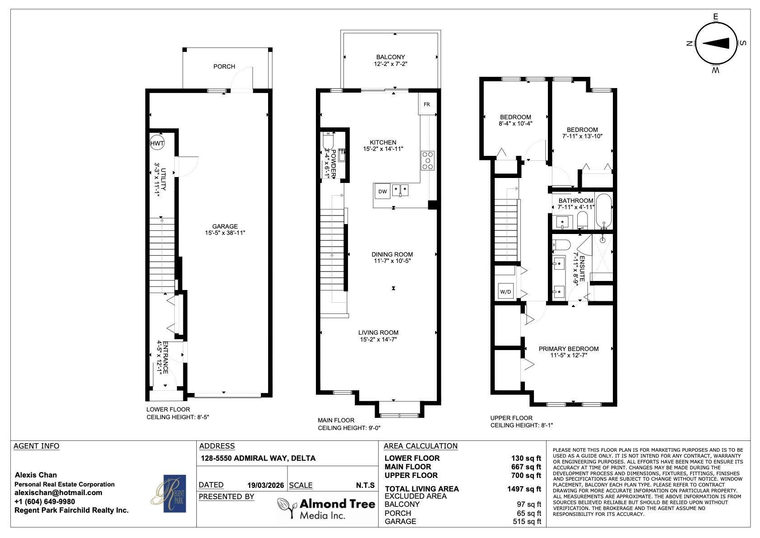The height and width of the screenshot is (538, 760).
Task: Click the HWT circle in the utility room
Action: point(157,143)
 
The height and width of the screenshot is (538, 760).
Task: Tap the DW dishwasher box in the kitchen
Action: point(382,192)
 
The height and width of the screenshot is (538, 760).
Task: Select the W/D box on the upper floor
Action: point(505,291)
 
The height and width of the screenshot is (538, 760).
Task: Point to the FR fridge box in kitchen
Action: point(427,104)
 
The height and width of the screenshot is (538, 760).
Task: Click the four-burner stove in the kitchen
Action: point(428,161)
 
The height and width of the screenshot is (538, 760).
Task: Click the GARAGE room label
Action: point(225,226)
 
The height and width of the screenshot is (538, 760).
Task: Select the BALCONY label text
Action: point(390,57)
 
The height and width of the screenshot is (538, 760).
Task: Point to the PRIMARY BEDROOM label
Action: point(569,349)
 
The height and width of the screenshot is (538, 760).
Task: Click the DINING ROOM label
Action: point(392,254)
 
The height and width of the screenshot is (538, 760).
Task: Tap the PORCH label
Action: point(224,66)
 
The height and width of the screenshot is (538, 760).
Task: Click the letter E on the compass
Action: point(716,17)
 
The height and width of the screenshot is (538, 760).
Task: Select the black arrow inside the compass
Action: point(716,43)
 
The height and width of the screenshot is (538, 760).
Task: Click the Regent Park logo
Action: point(168,493)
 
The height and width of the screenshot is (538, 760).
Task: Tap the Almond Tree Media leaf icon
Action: point(286,507)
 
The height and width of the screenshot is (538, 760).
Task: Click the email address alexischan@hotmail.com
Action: point(58,492)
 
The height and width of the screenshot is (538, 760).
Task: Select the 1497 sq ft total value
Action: point(524,489)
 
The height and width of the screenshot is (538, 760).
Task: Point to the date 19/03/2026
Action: point(266,485)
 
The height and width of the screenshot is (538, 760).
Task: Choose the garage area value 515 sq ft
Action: point(527,521)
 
